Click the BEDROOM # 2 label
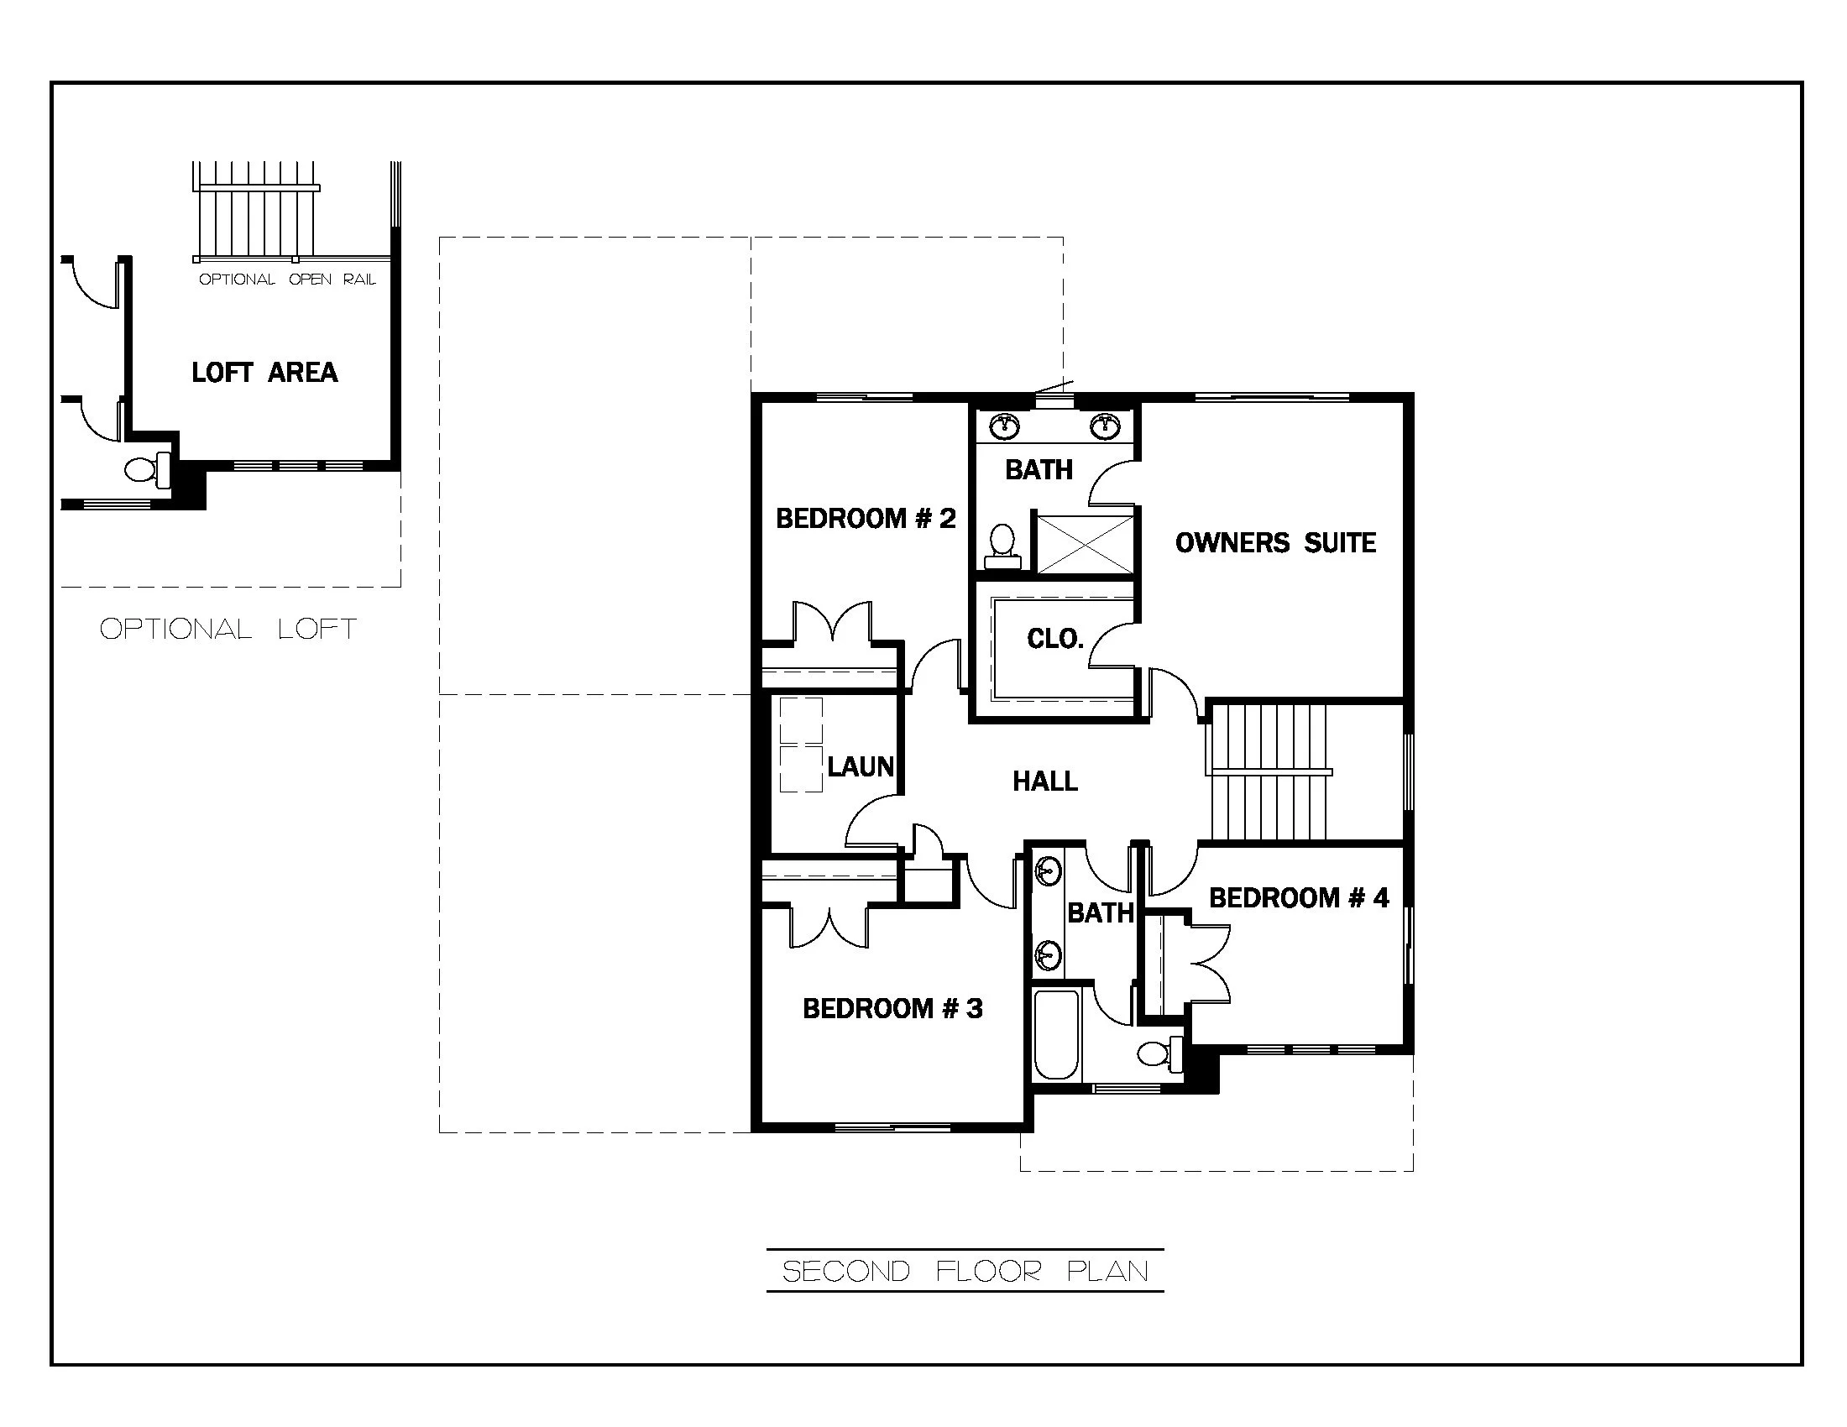(x=866, y=518)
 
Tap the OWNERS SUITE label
(x=1275, y=543)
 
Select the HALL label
(x=1045, y=781)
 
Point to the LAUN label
(x=860, y=766)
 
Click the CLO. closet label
(x=1055, y=639)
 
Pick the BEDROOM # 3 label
(x=893, y=1008)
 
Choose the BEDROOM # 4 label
(x=1299, y=898)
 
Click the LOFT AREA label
(x=264, y=373)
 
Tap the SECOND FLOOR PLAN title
(x=965, y=1272)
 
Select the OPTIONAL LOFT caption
(x=228, y=629)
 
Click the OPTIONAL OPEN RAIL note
(x=287, y=280)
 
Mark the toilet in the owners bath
(x=1003, y=546)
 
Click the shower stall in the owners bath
(x=1085, y=545)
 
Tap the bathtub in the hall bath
(x=1056, y=1035)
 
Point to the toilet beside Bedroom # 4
(x=1161, y=1053)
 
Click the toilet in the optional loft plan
(x=148, y=469)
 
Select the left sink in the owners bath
(x=1004, y=426)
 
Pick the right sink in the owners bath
(x=1105, y=426)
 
